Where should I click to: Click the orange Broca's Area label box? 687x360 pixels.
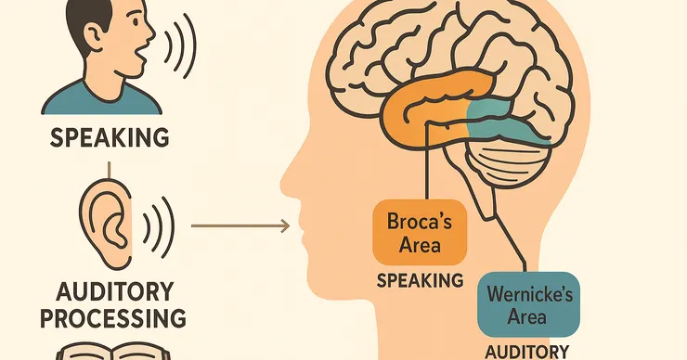(420, 232)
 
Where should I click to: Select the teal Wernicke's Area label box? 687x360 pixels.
(528, 304)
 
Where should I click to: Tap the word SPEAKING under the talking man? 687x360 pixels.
(110, 137)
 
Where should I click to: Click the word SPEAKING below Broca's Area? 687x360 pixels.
(420, 280)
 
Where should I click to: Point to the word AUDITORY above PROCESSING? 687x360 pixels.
(115, 291)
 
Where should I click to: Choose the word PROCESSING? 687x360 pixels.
(113, 318)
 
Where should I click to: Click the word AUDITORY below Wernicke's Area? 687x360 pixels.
(527, 352)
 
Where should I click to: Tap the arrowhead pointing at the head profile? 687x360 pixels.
(285, 226)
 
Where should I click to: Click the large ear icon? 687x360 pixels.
(105, 224)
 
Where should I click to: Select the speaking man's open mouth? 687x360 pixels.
(140, 55)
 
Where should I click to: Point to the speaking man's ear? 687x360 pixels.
(94, 36)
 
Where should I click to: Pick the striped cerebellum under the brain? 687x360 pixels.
(508, 162)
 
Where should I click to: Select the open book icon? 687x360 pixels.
(113, 352)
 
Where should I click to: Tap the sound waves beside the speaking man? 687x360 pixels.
(179, 45)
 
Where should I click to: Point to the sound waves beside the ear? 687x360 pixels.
(159, 227)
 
